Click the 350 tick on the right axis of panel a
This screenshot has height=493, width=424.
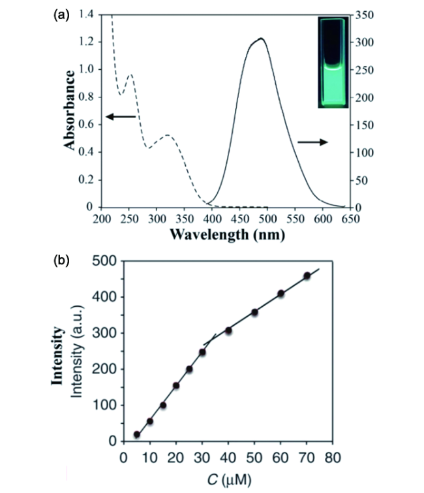point(362,14)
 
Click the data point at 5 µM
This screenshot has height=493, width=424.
point(137,434)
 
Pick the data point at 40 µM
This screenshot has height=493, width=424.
point(228,330)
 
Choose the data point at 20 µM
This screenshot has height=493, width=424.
point(176,386)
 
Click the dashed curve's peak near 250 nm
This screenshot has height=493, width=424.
point(130,74)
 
